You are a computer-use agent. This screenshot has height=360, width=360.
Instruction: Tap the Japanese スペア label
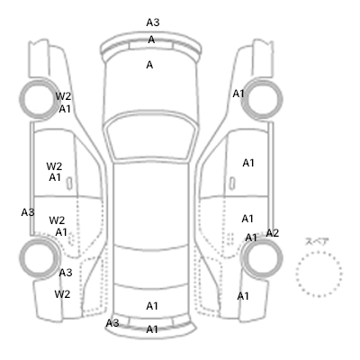(317, 241)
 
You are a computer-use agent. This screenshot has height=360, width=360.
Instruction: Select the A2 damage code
(273, 233)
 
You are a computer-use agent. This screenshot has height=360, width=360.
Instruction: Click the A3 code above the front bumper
(153, 22)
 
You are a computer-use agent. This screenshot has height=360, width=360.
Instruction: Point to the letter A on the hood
(149, 65)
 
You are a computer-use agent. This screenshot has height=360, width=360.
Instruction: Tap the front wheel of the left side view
(20, 98)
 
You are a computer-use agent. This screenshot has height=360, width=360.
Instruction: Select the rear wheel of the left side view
(20, 258)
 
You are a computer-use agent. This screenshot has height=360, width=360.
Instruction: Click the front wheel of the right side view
(282, 98)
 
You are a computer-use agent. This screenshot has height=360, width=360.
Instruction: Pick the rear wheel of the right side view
(282, 258)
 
